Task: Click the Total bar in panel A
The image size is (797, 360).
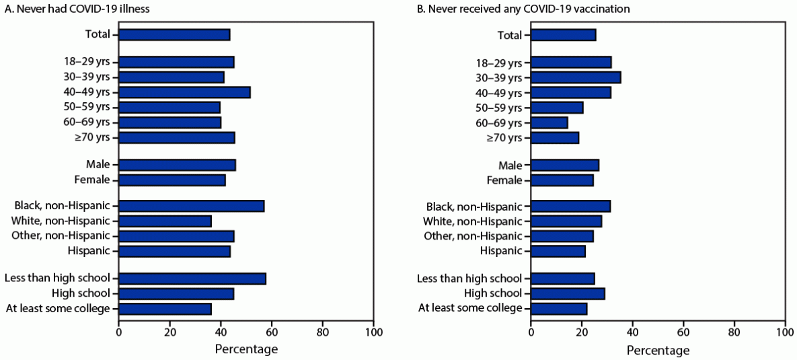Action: point(174,35)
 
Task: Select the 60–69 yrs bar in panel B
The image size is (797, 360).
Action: point(549,122)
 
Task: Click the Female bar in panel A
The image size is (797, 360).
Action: point(172,180)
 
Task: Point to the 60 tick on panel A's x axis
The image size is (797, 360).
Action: point(272,332)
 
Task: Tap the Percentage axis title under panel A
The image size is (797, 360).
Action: point(246,349)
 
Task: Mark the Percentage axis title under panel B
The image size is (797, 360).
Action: point(658,351)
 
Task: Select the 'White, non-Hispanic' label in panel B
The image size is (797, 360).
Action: point(472,221)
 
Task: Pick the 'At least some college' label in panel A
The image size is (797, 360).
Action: point(58,308)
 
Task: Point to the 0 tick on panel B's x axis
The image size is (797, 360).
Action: point(531,332)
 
